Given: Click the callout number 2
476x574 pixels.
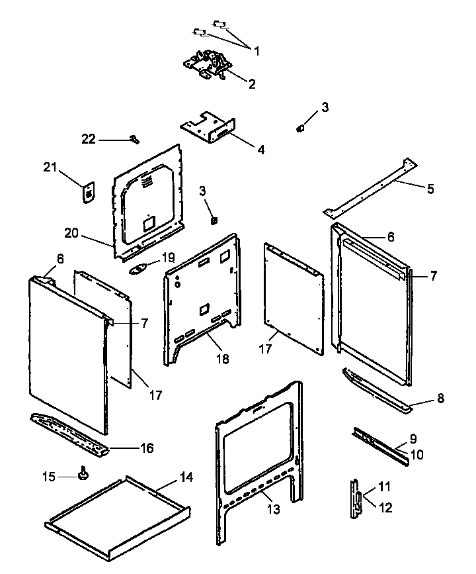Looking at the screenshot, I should (x=252, y=84).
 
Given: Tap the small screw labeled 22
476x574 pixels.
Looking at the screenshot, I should (x=135, y=138).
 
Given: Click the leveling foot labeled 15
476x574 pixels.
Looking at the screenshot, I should (x=84, y=473).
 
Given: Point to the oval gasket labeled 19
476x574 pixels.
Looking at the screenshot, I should (x=140, y=267).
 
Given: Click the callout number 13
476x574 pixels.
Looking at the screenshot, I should (x=273, y=509).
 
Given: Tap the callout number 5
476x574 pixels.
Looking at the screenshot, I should (x=430, y=189).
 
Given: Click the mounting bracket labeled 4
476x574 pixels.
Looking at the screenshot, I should (x=208, y=127).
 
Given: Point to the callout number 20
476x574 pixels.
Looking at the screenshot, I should (x=72, y=232).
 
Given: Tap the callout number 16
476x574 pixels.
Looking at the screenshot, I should (x=146, y=448).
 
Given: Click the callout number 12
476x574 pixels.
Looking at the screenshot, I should (x=386, y=507).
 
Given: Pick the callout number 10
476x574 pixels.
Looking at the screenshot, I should (x=416, y=455).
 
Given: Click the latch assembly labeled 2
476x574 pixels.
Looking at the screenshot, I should (x=208, y=66).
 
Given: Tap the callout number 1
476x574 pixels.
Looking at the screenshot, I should (x=257, y=50).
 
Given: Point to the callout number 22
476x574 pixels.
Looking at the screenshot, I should (x=89, y=139).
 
